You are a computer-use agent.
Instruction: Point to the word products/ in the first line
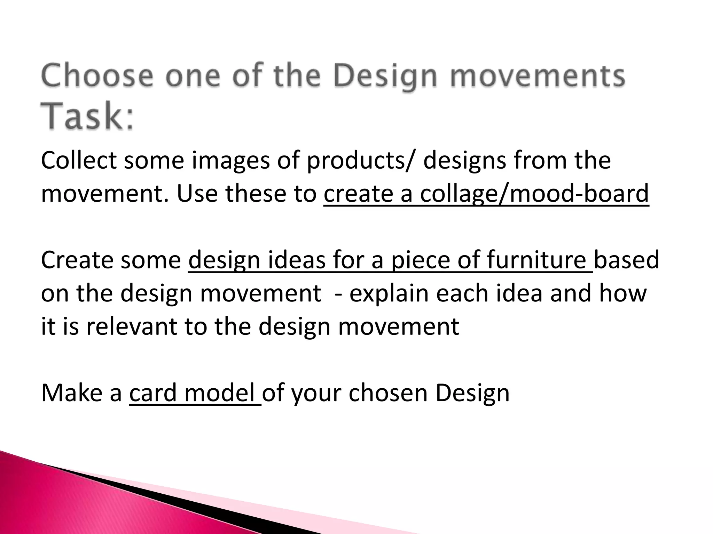point(361,161)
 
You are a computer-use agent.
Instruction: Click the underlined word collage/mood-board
point(534,194)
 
